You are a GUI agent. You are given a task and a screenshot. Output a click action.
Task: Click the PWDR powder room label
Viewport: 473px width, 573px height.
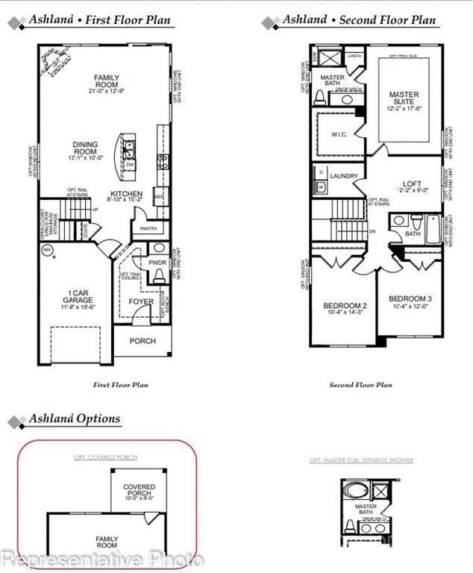[157, 263]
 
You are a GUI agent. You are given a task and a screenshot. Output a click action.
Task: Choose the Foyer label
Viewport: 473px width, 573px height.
[141, 301]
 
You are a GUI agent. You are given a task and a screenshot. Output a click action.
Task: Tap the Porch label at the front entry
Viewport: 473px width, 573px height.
[142, 341]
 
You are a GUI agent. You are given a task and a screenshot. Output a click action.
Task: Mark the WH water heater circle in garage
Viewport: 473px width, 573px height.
[47, 251]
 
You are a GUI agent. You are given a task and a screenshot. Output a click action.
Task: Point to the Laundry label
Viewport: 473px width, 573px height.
[345, 176]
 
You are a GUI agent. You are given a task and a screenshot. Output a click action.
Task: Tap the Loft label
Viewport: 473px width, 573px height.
[412, 184]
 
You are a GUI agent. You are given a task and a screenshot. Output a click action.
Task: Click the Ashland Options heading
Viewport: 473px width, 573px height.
[74, 419]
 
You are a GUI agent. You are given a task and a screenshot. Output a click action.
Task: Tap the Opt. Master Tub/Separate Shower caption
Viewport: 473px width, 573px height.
[361, 460]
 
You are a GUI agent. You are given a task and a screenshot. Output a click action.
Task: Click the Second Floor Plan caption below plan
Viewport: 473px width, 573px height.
[360, 385]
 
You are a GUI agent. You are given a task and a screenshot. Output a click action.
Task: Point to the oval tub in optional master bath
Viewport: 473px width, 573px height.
[351, 492]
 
